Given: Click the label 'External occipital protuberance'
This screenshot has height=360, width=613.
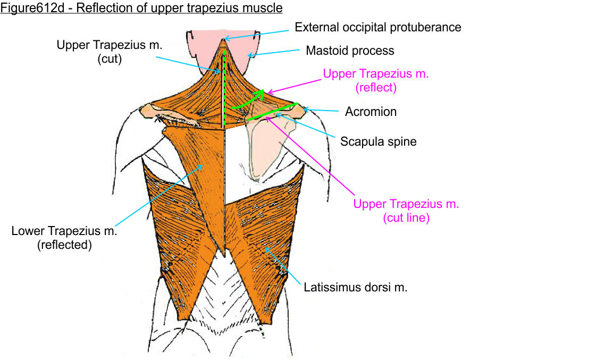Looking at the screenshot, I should pyautogui.click(x=378, y=27).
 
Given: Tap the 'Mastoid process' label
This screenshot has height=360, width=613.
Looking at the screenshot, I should pyautogui.click(x=350, y=51).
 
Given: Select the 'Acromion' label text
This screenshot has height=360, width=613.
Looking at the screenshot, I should pyautogui.click(x=371, y=112).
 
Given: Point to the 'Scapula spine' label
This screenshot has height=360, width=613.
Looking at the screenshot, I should pyautogui.click(x=378, y=142).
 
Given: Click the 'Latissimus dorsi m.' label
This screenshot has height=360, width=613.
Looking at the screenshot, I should pyautogui.click(x=356, y=288).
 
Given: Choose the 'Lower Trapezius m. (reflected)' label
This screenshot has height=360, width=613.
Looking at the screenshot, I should pyautogui.click(x=64, y=238).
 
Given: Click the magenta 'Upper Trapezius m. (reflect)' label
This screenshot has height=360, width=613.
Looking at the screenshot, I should pyautogui.click(x=375, y=81).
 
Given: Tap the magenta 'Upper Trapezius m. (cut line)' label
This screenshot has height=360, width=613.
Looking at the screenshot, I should pyautogui.click(x=406, y=211).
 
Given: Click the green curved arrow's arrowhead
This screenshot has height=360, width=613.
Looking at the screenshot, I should pyautogui.click(x=260, y=95).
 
